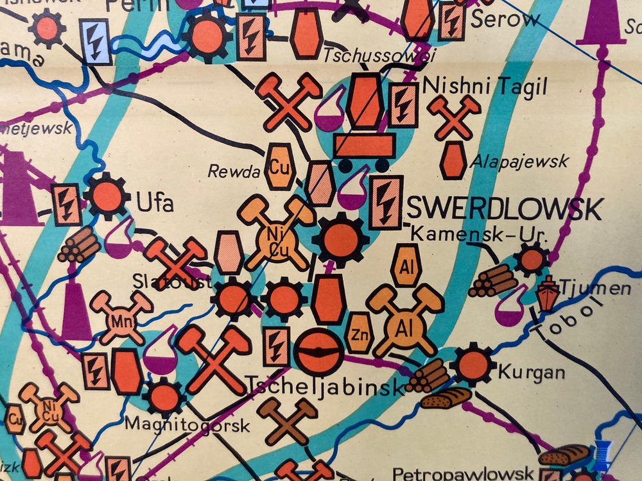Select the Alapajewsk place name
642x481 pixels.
click(519, 160)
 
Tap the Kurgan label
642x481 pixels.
click(523, 371)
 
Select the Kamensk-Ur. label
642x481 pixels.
click(478, 235)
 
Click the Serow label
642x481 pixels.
click(505, 19)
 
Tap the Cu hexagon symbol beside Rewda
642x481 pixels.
click(278, 167)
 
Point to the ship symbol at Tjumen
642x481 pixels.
click(547, 292)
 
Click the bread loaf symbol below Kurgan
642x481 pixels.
click(446, 398)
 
